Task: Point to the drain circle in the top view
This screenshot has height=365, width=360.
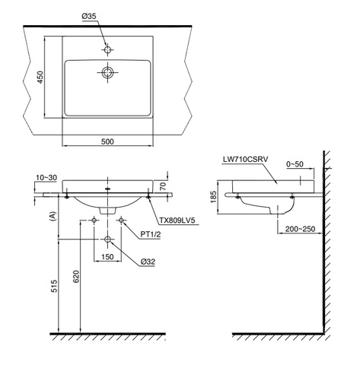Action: [x=107, y=73]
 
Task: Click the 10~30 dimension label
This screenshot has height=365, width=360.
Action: [x=45, y=177]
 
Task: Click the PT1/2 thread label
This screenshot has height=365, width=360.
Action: [x=148, y=234]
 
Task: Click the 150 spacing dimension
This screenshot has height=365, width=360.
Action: [x=107, y=257]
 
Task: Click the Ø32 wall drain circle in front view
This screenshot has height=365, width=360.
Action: [x=107, y=240]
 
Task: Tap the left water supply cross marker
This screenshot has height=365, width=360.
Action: [x=94, y=221]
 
